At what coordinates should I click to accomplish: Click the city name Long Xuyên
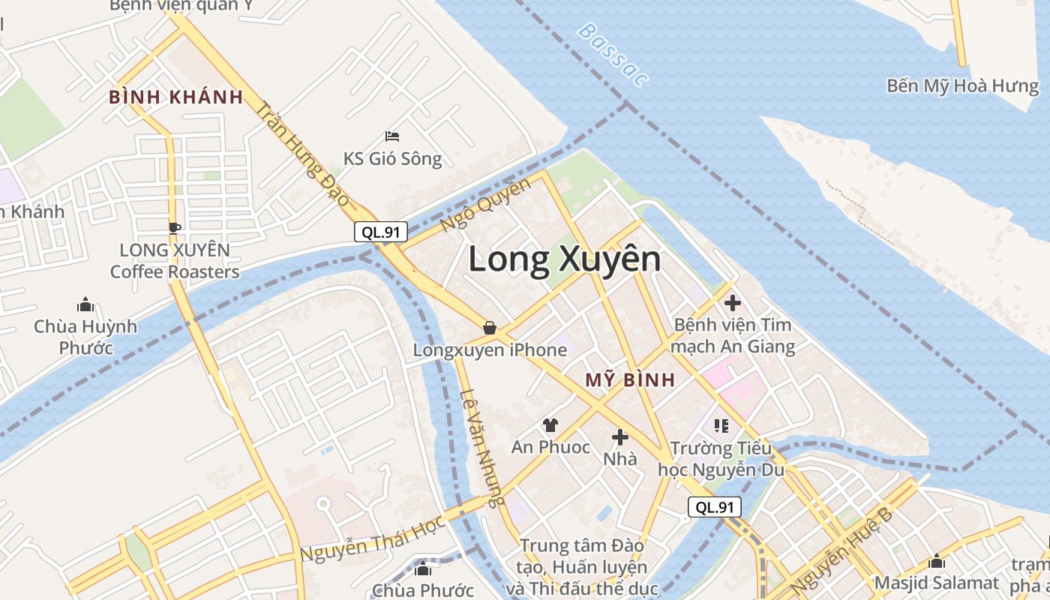(x=565, y=260)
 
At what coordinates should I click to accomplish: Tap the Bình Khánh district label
(x=176, y=97)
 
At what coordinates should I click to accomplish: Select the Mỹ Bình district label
(x=630, y=379)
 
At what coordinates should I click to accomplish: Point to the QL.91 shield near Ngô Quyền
(x=381, y=232)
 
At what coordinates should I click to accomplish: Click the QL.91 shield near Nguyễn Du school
(x=715, y=507)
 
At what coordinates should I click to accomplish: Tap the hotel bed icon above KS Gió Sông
(x=392, y=136)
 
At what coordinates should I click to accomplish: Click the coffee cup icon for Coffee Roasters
(x=174, y=227)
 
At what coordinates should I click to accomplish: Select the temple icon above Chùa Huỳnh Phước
(x=85, y=304)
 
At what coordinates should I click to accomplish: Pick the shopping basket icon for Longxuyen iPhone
(x=490, y=328)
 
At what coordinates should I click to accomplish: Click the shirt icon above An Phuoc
(x=550, y=425)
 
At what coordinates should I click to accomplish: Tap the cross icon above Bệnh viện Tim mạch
(x=733, y=303)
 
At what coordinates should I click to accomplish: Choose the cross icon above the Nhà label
(x=620, y=436)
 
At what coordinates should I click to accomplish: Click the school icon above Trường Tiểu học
(x=721, y=426)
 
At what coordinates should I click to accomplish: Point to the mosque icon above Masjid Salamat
(x=937, y=561)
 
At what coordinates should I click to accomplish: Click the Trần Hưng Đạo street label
(x=303, y=154)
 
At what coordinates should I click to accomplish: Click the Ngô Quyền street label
(x=485, y=204)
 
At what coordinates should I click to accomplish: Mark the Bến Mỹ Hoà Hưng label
(x=963, y=85)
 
